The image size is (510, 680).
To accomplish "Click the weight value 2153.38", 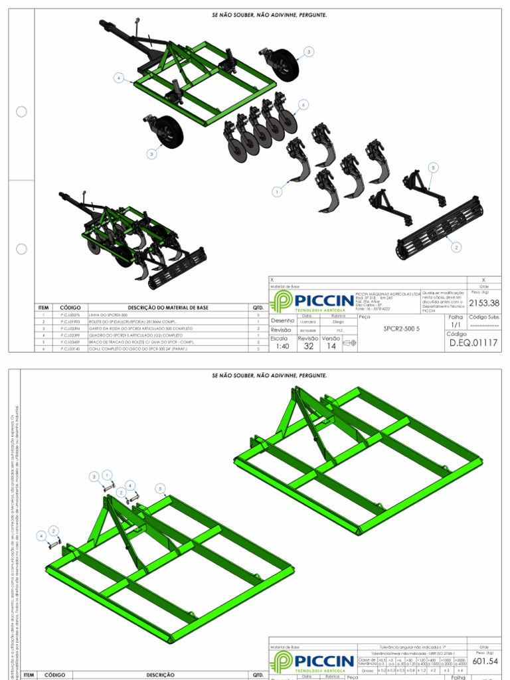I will coord(483,303).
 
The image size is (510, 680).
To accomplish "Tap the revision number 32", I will coord(308,346).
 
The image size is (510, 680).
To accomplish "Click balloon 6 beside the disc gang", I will coord(303,105).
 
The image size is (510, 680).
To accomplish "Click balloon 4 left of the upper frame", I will coord(118,78).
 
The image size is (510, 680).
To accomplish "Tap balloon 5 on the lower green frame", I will coord(161,488).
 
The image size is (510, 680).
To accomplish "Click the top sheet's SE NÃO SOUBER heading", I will coord(269,14).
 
